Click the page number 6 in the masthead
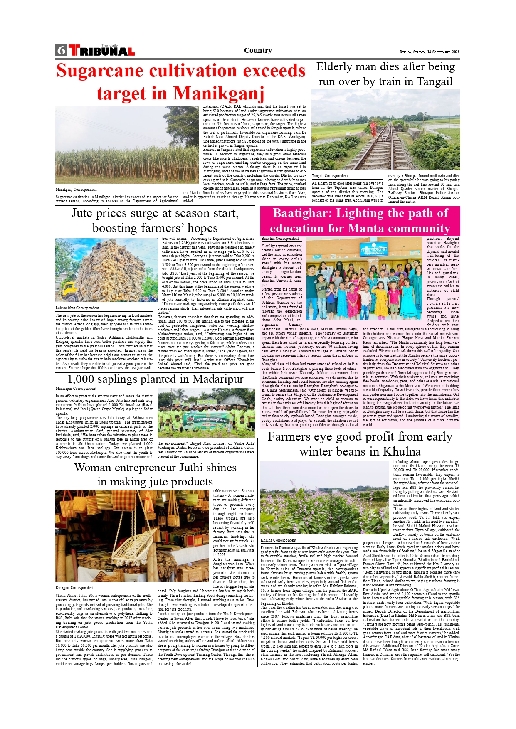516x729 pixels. pyautogui.click(x=61, y=50)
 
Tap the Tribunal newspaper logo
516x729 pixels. pyautogui.click(x=102, y=51)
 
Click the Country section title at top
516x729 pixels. pyautogui.click(x=258, y=51)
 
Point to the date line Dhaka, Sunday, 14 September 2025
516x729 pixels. pyautogui.click(x=429, y=52)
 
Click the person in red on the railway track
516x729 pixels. pyautogui.click(x=373, y=128)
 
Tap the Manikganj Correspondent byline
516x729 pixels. pyautogui.click(x=76, y=190)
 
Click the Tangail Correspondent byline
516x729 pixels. pyautogui.click(x=330, y=176)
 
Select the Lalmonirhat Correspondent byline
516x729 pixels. pyautogui.click(x=77, y=308)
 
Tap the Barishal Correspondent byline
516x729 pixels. pyautogui.click(x=280, y=239)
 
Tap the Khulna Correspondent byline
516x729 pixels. pyautogui.click(x=279, y=540)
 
